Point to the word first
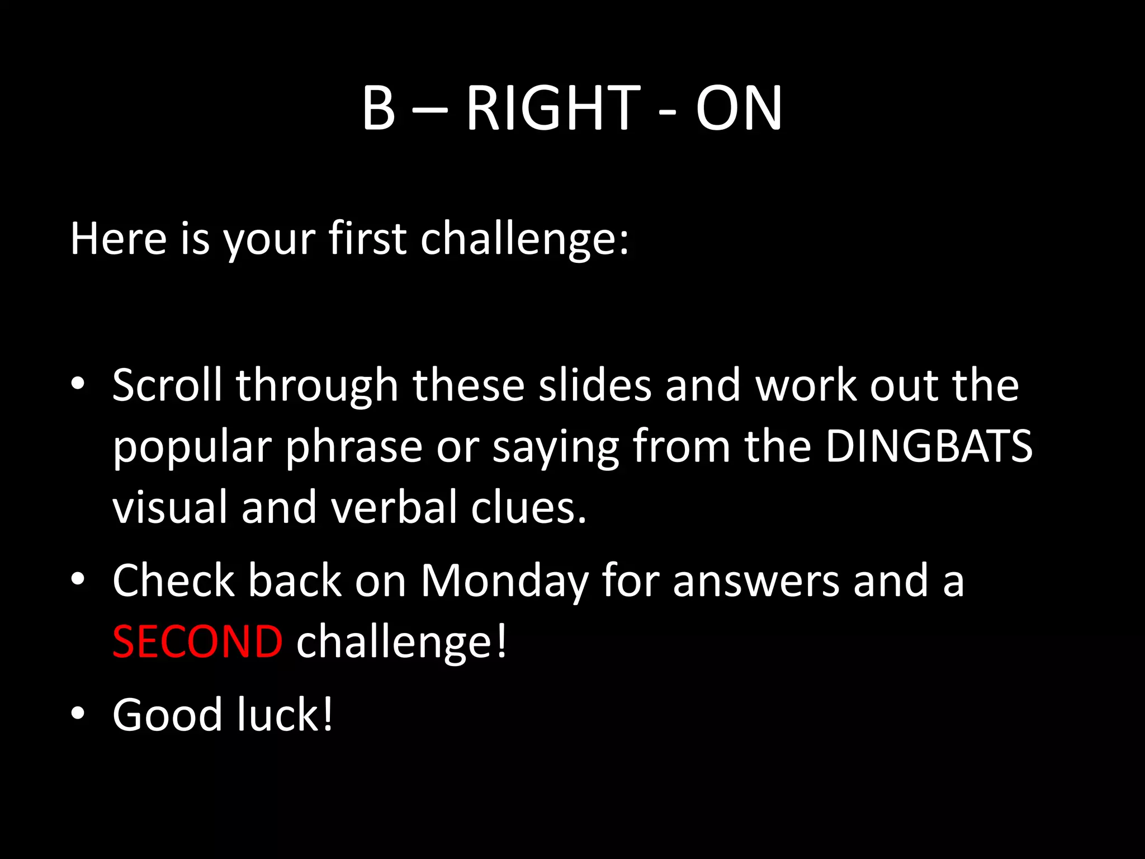point(367,239)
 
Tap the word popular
point(192,447)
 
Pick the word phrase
point(354,447)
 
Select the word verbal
point(394,507)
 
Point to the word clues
point(528,507)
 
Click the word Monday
point(504,582)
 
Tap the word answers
point(756,582)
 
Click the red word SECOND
point(197,642)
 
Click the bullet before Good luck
point(78,714)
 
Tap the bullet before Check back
point(78,579)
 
